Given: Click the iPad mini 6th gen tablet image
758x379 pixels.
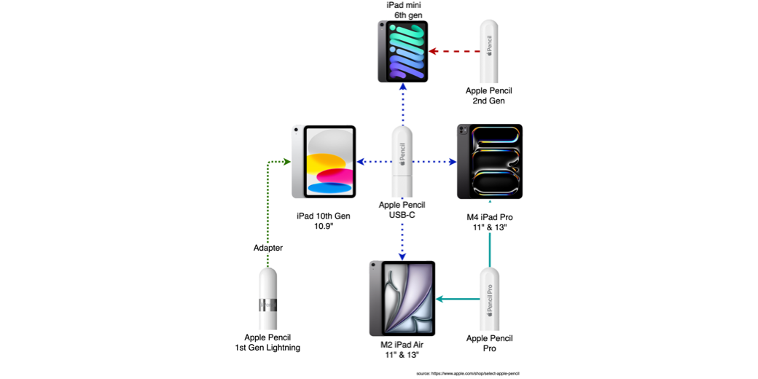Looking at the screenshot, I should coord(403,51).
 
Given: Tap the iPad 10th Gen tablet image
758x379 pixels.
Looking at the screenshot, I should coord(324,162).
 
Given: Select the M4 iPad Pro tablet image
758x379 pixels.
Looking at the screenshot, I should coord(490,162).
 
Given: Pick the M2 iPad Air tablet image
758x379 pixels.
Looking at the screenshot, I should coord(402,298).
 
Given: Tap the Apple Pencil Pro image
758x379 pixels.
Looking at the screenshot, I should coord(490,299).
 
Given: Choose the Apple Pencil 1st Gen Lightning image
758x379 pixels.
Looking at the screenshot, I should coord(267,299).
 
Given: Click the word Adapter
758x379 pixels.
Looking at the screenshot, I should coord(267,248).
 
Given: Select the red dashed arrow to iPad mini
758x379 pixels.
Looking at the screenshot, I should coord(456,51).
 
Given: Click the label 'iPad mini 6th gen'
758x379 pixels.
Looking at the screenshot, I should coord(403,9).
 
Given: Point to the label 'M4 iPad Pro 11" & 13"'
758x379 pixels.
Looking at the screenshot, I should coord(490,222).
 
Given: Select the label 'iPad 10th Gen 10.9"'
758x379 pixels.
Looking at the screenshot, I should coord(324,221).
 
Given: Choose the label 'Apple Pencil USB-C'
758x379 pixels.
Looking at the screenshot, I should coord(402,210).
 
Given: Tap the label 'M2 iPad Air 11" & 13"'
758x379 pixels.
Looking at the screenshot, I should coord(402,350).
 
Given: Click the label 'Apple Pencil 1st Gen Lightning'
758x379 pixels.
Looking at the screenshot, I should coord(267,343).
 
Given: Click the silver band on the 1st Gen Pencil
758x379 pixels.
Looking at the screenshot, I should coord(267,305).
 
